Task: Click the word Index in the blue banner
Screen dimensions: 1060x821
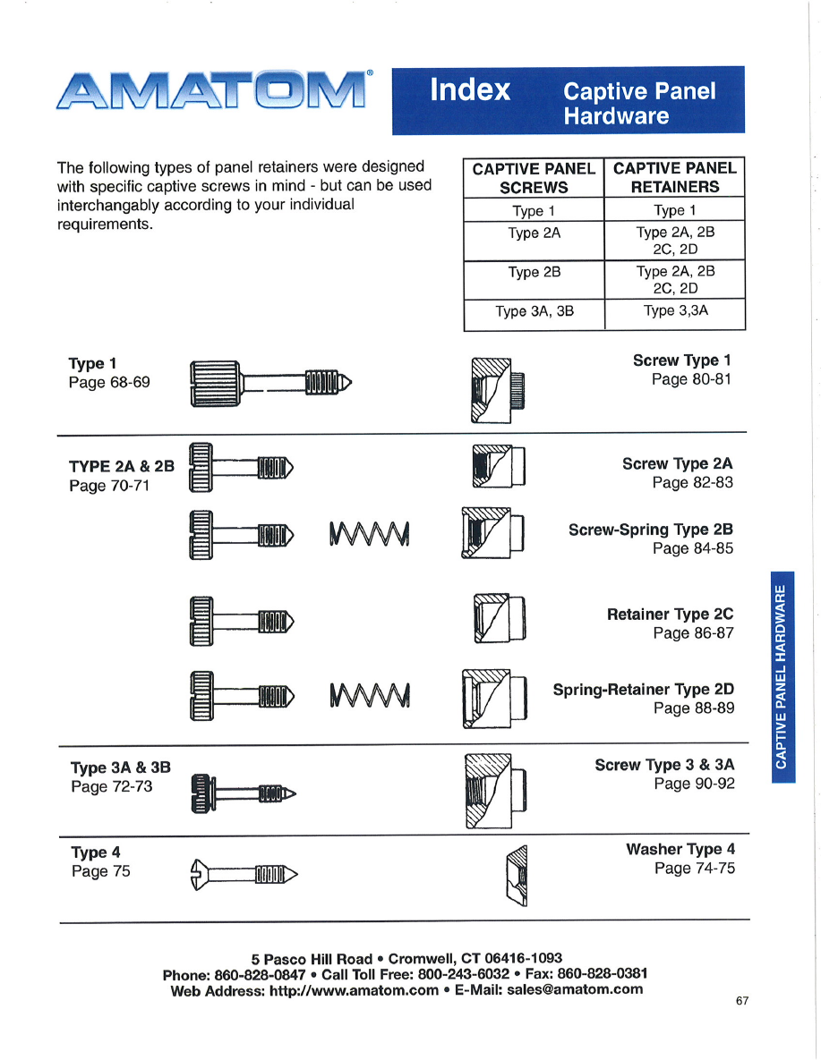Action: (x=470, y=90)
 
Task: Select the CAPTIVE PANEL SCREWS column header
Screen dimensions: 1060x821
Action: (x=534, y=177)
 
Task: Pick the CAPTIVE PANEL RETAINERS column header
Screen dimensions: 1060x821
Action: (x=674, y=177)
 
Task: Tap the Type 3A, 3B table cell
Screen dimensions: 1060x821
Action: (x=534, y=311)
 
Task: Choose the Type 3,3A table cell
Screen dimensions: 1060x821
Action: (x=675, y=311)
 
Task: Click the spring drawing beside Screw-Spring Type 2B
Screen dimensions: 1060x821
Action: (x=369, y=533)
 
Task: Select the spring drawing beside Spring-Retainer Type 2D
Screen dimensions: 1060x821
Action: (x=369, y=693)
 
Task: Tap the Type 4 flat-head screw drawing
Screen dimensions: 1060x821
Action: (x=244, y=873)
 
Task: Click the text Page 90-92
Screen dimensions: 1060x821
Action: (x=694, y=784)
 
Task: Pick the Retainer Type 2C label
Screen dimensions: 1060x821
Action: (x=670, y=615)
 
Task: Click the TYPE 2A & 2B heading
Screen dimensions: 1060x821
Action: (x=122, y=467)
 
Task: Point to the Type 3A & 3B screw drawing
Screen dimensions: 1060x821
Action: (x=244, y=792)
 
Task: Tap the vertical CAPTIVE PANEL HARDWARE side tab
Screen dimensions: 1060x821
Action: (x=782, y=675)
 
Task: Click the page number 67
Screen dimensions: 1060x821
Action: (x=742, y=1001)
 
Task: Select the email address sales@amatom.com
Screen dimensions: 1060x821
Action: (x=575, y=989)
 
